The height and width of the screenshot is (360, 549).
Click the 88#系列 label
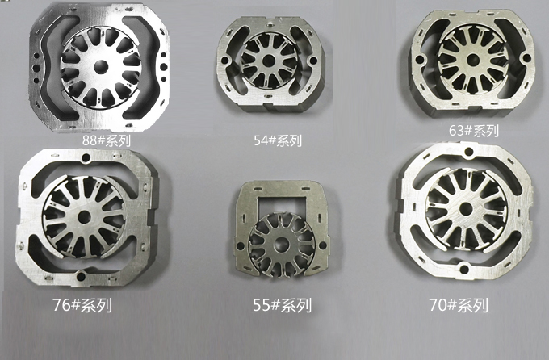(107, 140)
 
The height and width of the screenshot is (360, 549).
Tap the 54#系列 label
(278, 140)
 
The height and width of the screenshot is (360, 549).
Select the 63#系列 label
(474, 131)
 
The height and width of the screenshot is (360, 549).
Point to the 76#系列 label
(82, 305)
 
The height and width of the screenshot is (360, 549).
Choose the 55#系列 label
(283, 305)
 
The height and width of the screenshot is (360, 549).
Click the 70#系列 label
(459, 305)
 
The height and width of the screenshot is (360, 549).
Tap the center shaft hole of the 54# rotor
(269, 60)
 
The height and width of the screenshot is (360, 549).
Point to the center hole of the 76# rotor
(84, 217)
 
